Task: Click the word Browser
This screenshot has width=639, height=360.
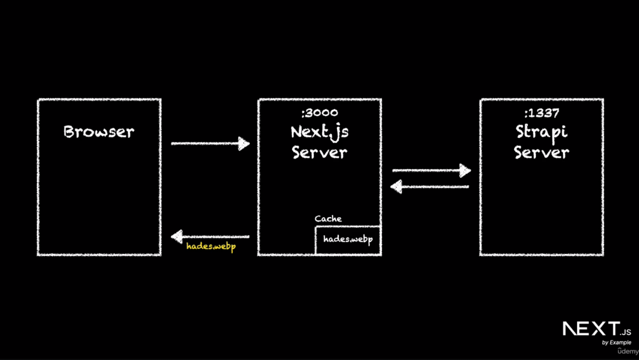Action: pyautogui.click(x=99, y=132)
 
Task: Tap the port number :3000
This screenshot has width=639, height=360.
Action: pyautogui.click(x=318, y=113)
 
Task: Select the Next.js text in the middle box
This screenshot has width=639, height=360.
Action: pyautogui.click(x=319, y=132)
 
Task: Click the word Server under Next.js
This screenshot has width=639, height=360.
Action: pyautogui.click(x=319, y=152)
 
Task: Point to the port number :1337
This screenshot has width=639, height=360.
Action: pyautogui.click(x=541, y=113)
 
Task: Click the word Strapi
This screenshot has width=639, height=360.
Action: pyautogui.click(x=541, y=132)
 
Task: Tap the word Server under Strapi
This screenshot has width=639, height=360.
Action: pyautogui.click(x=541, y=152)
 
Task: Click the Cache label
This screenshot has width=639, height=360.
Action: pyautogui.click(x=328, y=219)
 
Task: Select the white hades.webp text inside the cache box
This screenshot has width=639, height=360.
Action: pyautogui.click(x=348, y=240)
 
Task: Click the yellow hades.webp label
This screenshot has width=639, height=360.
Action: pyautogui.click(x=211, y=246)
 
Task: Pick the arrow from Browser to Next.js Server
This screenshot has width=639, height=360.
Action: pyautogui.click(x=210, y=144)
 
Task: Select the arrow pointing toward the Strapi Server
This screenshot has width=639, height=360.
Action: pyautogui.click(x=431, y=170)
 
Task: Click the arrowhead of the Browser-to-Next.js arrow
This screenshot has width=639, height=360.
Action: pyautogui.click(x=243, y=144)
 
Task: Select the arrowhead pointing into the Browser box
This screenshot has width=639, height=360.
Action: pyautogui.click(x=177, y=236)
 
